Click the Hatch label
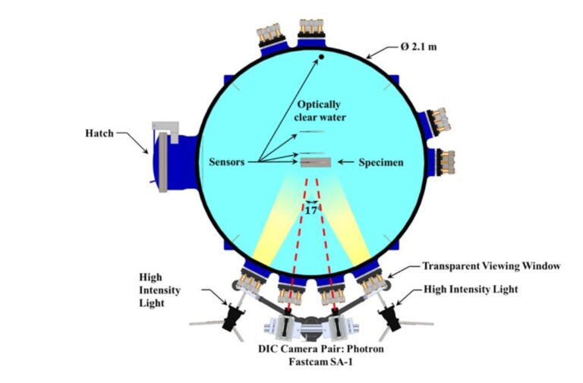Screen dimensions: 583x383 (x=99, y=133)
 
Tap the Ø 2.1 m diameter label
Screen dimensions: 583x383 (x=418, y=47)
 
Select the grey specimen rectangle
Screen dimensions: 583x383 (x=316, y=162)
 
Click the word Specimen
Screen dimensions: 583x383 (x=381, y=162)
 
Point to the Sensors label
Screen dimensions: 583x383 (x=226, y=162)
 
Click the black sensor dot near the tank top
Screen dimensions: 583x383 (x=321, y=57)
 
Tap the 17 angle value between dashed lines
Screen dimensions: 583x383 (x=311, y=211)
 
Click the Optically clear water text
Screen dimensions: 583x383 (x=320, y=111)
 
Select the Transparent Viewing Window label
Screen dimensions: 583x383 (x=492, y=266)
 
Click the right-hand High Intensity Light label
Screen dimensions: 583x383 (x=471, y=289)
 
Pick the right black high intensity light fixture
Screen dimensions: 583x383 (x=390, y=316)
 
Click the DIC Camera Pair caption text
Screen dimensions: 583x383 (x=321, y=355)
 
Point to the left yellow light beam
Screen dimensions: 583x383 (x=276, y=220)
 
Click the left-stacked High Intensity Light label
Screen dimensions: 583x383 (x=159, y=290)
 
